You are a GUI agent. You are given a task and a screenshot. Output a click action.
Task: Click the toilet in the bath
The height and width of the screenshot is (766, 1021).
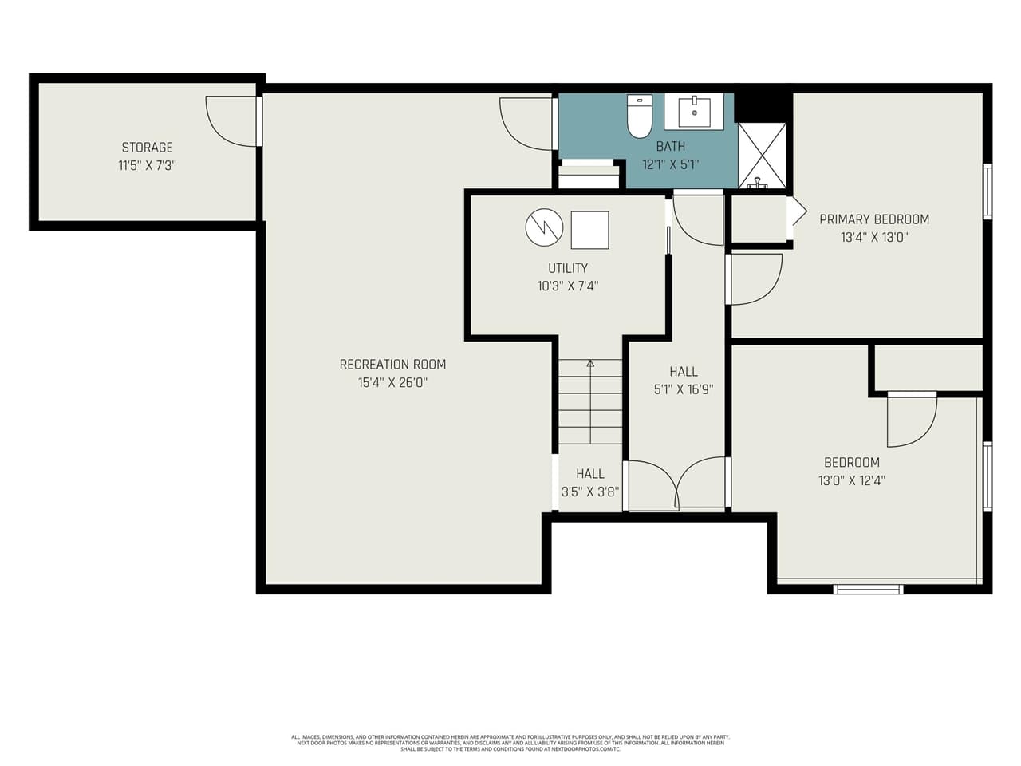[x=640, y=116]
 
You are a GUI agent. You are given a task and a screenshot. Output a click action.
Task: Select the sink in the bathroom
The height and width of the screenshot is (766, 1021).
[x=694, y=112]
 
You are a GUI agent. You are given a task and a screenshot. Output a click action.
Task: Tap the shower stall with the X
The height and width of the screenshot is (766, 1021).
[x=762, y=155]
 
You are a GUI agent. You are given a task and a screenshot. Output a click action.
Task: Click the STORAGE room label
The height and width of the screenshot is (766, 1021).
[x=147, y=148]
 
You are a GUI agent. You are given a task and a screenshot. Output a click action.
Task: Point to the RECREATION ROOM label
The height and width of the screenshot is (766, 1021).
[x=392, y=365]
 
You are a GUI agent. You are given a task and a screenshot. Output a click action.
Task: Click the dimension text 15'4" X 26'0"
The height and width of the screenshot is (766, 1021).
[x=392, y=383]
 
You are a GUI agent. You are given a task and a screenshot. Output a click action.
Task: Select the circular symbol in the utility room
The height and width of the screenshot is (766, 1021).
[x=544, y=227]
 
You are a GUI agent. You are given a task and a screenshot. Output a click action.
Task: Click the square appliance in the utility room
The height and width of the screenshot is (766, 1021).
[x=589, y=230]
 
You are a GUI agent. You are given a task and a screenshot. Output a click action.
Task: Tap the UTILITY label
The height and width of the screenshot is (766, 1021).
[x=567, y=268]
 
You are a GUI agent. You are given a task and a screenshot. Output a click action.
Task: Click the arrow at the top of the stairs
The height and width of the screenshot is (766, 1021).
[x=590, y=364]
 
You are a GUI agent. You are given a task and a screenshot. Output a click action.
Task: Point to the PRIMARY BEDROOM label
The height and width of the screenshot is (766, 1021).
[x=874, y=219]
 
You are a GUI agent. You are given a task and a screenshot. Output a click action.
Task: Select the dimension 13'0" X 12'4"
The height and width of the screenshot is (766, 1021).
[x=852, y=480]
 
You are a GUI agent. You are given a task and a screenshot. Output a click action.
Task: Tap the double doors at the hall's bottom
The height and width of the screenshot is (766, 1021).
[x=676, y=484]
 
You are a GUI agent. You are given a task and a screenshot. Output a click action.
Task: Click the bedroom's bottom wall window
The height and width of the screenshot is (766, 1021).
[x=868, y=590]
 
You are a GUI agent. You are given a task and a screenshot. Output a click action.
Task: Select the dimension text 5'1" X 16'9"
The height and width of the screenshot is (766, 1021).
[x=684, y=390]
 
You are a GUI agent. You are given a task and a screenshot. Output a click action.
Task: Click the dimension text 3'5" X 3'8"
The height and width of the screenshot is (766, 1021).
[x=590, y=492]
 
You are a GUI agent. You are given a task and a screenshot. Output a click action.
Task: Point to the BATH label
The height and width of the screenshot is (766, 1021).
[x=670, y=147]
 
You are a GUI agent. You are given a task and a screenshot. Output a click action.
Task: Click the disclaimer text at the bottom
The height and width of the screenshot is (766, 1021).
[x=510, y=743]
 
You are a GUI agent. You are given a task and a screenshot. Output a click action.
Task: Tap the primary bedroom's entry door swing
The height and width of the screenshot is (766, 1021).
[x=754, y=279]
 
